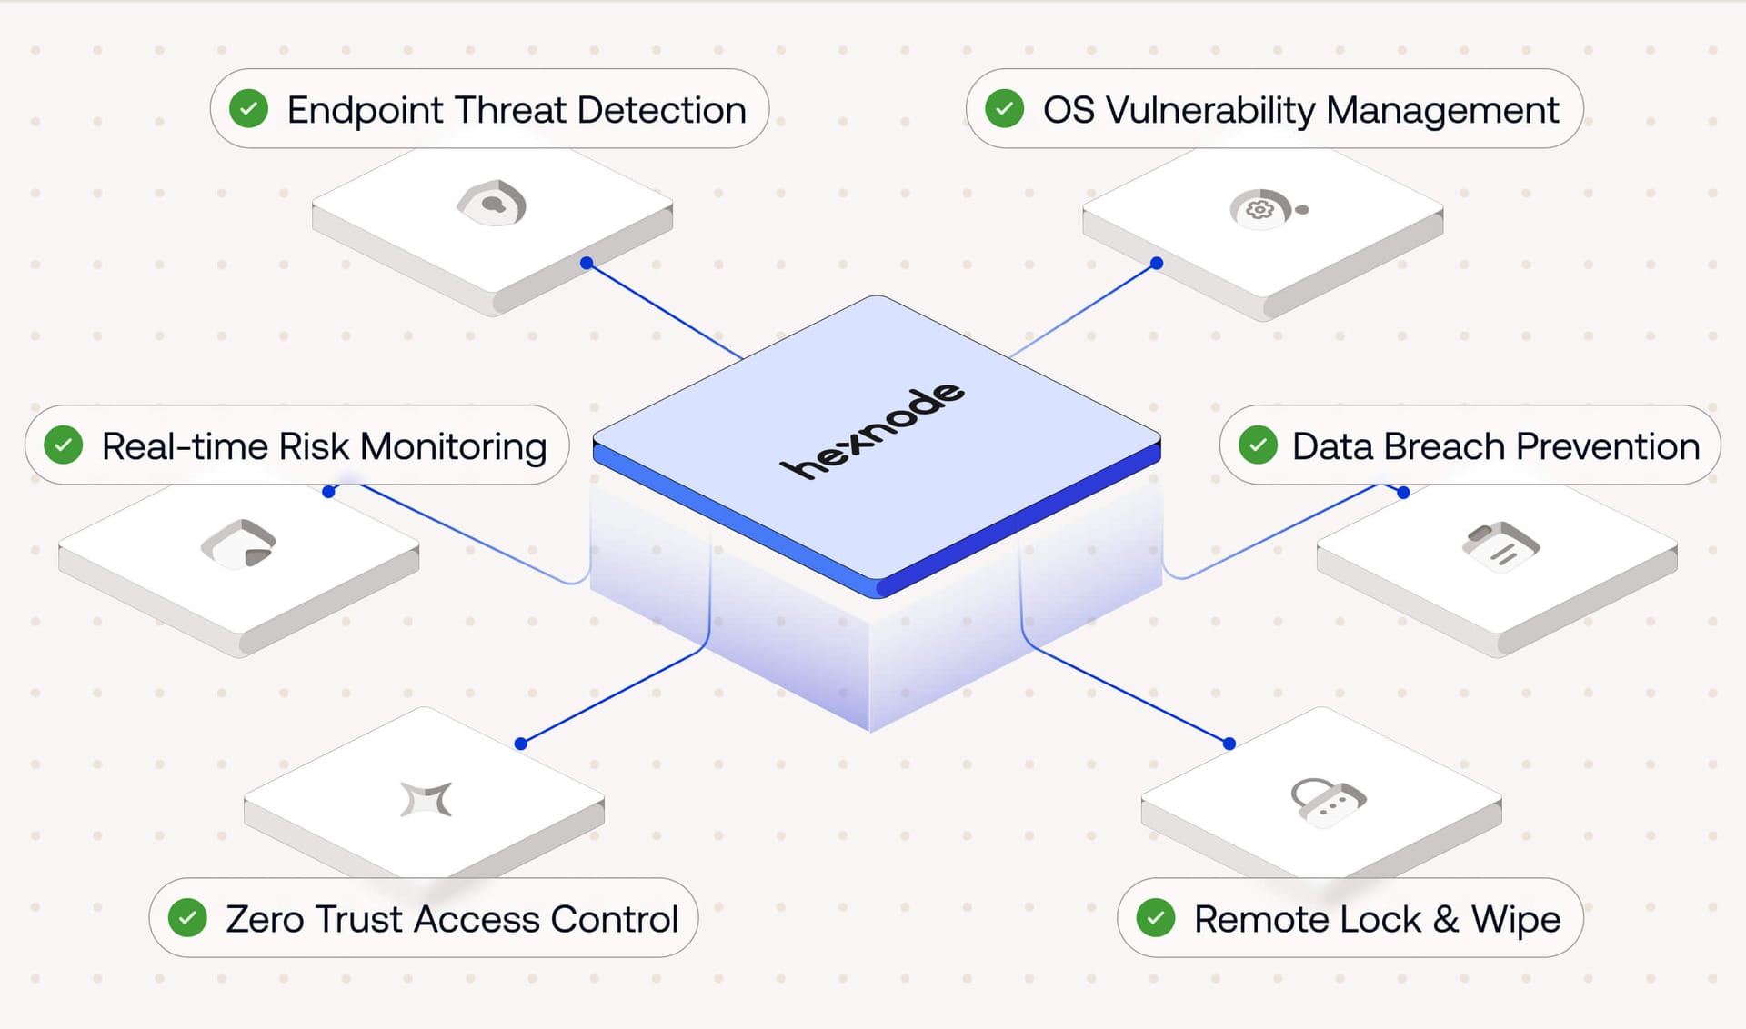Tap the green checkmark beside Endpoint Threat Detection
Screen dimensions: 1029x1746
click(248, 109)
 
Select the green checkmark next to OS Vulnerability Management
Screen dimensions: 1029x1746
click(1005, 109)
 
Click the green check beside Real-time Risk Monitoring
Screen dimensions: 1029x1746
click(64, 445)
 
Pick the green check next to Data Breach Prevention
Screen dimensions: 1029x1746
click(1258, 445)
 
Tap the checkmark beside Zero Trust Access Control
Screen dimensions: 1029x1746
click(187, 917)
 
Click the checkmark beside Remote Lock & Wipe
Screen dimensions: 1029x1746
click(1156, 917)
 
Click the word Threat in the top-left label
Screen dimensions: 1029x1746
click(510, 110)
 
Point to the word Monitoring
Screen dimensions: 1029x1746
click(453, 446)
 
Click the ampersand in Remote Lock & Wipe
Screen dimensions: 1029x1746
click(1446, 919)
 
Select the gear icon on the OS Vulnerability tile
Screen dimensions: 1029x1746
click(1259, 210)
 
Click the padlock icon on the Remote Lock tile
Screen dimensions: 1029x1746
click(1327, 801)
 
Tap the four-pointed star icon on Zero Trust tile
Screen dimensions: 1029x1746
click(426, 799)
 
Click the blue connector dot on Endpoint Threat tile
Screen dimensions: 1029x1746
click(587, 263)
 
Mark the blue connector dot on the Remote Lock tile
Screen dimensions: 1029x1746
click(1229, 744)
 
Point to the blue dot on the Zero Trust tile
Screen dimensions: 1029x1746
click(521, 744)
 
